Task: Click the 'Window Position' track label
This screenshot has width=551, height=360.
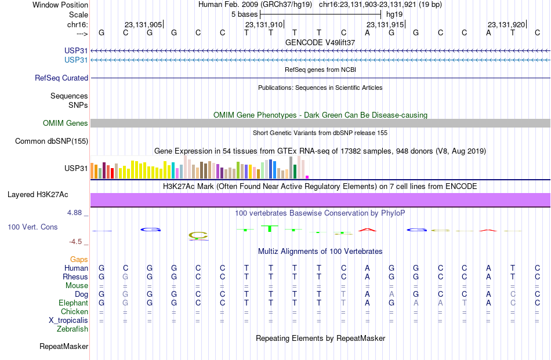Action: click(60, 5)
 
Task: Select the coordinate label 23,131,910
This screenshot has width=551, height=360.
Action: click(264, 24)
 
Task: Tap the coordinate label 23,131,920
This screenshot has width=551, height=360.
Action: click(506, 24)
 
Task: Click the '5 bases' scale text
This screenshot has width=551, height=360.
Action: click(244, 14)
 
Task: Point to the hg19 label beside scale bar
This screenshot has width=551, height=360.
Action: click(394, 14)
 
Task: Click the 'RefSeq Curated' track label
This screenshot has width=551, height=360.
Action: click(61, 78)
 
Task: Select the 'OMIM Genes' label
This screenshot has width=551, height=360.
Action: click(66, 123)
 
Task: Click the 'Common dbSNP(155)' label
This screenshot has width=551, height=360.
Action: click(52, 141)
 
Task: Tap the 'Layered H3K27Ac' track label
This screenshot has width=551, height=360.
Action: click(38, 195)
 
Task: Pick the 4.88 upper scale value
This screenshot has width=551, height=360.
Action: click(74, 213)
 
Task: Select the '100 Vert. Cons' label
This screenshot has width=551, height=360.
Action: click(32, 227)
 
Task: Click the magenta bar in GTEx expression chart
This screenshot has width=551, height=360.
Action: click(307, 177)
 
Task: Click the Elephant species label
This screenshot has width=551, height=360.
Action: click(74, 303)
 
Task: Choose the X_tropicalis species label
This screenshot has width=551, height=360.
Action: click(68, 321)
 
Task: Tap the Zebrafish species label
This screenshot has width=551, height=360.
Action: click(72, 329)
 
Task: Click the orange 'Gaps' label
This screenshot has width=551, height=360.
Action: click(79, 259)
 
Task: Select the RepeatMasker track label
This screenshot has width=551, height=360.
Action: click(64, 346)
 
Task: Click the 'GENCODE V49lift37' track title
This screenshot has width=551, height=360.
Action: click(320, 42)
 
